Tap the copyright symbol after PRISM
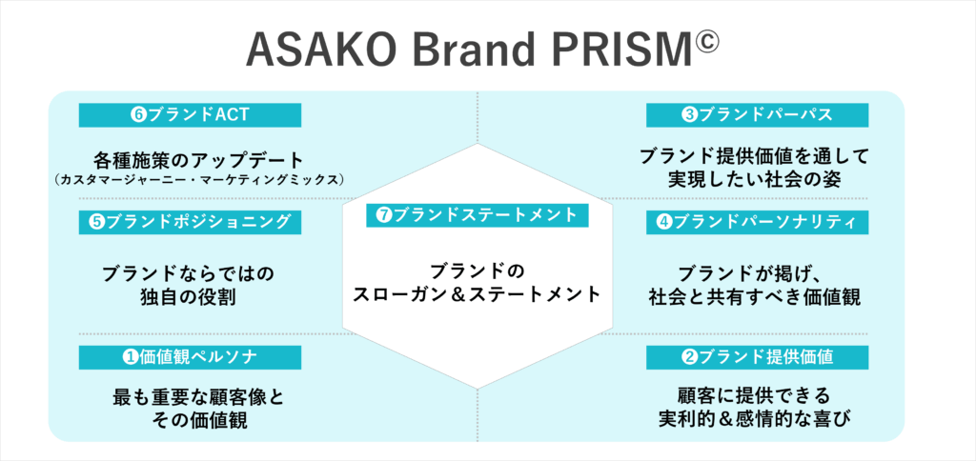(705, 44)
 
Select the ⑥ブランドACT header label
(190, 115)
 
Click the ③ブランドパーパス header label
(757, 115)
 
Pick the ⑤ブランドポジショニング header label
(190, 222)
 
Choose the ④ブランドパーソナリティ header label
(757, 222)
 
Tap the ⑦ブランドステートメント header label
(477, 215)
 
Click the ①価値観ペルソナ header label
(190, 357)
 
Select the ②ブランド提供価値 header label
(757, 357)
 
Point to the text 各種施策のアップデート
(199, 160)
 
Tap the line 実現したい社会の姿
(755, 178)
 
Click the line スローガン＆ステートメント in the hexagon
(477, 293)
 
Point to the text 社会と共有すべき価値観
(755, 297)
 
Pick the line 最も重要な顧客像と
(198, 397)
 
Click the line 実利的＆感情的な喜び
(755, 419)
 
